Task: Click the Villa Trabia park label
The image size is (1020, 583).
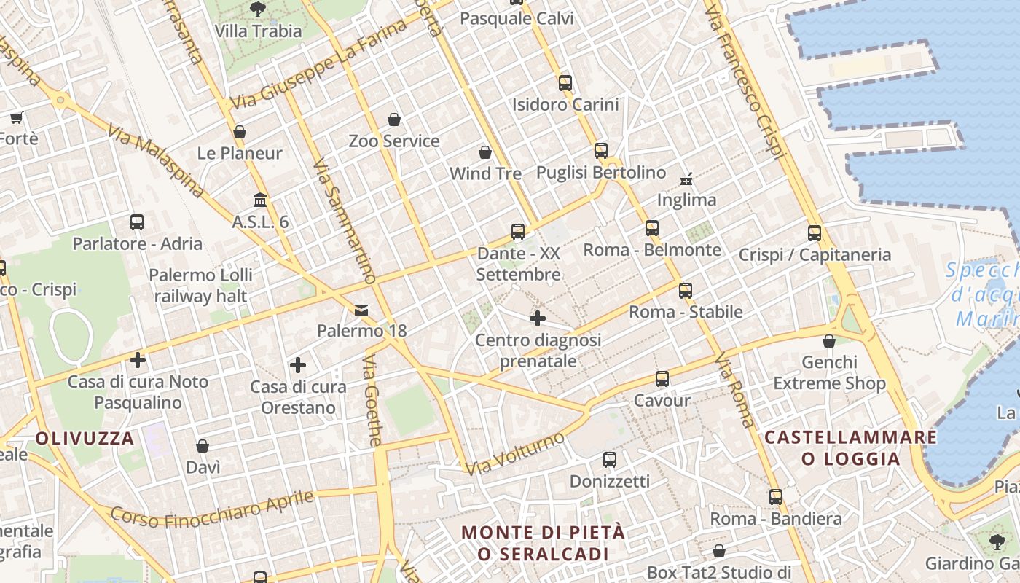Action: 258,31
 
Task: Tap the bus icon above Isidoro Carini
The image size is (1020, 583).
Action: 565,82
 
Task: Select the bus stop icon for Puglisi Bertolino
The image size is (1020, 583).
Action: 601,151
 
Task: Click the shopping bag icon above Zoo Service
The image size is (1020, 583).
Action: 394,120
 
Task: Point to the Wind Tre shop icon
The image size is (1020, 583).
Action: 485,152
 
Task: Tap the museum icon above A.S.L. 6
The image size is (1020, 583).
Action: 260,200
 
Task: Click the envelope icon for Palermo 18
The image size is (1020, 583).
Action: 361,310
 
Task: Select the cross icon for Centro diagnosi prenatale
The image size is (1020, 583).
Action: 538,318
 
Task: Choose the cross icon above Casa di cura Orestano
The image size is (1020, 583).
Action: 298,365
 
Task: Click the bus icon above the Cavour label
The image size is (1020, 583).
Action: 662,379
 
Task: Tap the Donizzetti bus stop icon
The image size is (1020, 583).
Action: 610,460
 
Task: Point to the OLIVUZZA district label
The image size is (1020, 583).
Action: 85,439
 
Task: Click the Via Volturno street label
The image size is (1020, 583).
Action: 515,453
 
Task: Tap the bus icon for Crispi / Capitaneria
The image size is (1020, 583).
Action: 815,233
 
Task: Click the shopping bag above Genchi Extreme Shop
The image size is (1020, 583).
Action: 829,341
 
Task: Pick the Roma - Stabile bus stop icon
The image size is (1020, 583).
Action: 686,291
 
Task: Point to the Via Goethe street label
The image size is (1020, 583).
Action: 372,400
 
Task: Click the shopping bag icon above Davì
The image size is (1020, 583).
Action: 203,446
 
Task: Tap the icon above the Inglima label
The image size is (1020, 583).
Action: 686,178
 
